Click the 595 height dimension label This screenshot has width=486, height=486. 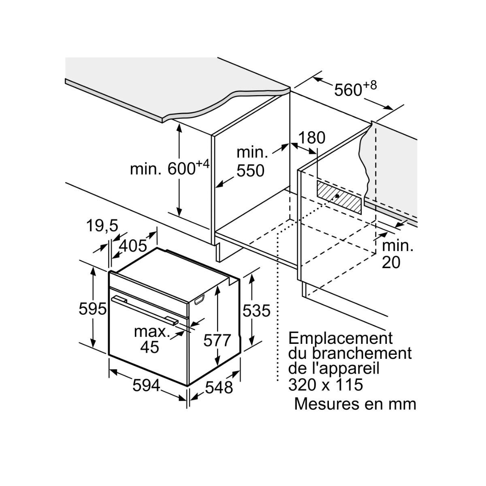(x=92, y=309)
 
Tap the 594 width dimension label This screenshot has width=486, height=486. (x=146, y=386)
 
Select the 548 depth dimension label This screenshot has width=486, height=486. (x=219, y=388)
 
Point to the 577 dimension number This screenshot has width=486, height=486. (x=217, y=341)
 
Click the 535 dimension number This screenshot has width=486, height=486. (x=256, y=311)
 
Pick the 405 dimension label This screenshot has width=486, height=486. (x=132, y=245)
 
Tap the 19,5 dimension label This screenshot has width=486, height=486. (x=102, y=226)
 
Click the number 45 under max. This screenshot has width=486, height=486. (x=149, y=347)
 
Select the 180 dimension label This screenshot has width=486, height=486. (x=311, y=138)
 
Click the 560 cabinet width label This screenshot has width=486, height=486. (x=347, y=90)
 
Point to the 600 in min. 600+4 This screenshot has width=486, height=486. (x=181, y=169)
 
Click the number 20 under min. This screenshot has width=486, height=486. (x=391, y=262)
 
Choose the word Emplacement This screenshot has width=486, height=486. (x=340, y=338)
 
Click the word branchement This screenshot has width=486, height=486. (x=361, y=353)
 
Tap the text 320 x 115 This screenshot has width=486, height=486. (x=325, y=384)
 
